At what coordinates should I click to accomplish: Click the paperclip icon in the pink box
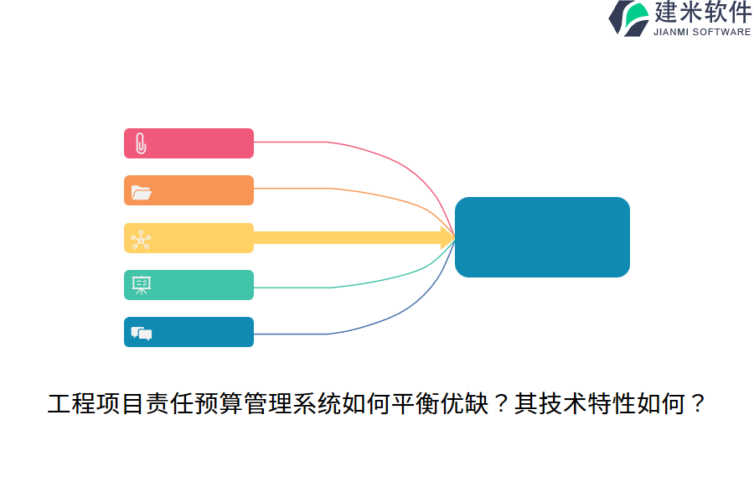pos(141,143)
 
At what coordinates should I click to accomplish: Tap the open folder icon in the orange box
pos(141,192)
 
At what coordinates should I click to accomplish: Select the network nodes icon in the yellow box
pos(141,240)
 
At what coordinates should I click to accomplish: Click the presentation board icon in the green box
pos(141,286)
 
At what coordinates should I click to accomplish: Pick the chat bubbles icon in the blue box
pos(141,334)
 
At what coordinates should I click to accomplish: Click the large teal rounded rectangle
pos(542,237)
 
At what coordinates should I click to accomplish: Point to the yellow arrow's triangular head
pos(447,237)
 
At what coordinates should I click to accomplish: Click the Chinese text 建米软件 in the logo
pos(703,13)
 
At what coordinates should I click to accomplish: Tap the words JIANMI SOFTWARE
pos(702,32)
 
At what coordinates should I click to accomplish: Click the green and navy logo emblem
pos(629,18)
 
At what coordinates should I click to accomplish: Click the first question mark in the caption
pos(499,406)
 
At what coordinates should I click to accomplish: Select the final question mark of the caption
pos(695,406)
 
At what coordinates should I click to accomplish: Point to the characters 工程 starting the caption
pos(71,406)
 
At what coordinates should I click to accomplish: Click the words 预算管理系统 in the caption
pos(266,406)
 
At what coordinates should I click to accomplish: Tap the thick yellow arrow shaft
pos(343,237)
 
